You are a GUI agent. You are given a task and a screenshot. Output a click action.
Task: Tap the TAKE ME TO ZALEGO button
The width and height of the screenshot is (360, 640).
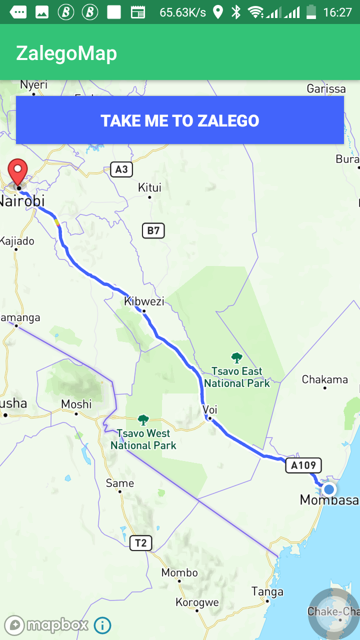click(x=180, y=120)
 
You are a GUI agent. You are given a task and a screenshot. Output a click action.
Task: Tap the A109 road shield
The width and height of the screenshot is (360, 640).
click(x=303, y=465)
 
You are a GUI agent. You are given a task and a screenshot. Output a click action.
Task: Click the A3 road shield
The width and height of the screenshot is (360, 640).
click(x=121, y=169)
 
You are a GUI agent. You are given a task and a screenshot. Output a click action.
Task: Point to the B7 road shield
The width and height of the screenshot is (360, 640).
click(x=153, y=230)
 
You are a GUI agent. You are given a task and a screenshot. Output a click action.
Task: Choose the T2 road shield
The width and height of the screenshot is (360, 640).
click(x=140, y=543)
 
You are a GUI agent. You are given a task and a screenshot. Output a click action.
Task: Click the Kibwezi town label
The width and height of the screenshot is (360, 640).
click(x=144, y=301)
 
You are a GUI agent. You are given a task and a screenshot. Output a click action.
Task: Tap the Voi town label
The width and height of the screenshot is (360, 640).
click(x=210, y=410)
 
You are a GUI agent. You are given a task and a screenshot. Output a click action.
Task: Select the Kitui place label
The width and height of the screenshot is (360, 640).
click(x=149, y=187)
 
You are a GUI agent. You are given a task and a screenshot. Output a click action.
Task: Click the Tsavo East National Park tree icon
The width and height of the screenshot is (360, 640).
click(x=237, y=358)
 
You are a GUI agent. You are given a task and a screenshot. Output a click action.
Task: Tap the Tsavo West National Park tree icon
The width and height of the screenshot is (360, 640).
click(x=143, y=420)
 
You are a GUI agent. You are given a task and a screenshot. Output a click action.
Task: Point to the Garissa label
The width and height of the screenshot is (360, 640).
click(x=326, y=89)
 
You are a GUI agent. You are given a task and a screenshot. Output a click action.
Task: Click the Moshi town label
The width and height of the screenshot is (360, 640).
click(x=76, y=404)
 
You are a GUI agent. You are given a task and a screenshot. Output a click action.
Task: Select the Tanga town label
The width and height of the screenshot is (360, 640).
click(x=267, y=592)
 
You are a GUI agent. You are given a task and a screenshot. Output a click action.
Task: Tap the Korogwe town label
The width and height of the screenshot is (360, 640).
click(x=197, y=602)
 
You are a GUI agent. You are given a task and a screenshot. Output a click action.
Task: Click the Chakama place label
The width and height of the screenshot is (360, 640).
click(x=324, y=379)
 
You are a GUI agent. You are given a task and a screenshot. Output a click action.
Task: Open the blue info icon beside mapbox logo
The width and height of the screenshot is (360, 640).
click(x=102, y=625)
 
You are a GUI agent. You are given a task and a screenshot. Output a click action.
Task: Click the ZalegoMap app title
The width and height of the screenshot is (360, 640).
click(x=66, y=53)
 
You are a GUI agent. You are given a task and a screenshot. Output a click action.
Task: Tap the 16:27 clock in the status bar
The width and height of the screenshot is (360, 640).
click(x=337, y=12)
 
